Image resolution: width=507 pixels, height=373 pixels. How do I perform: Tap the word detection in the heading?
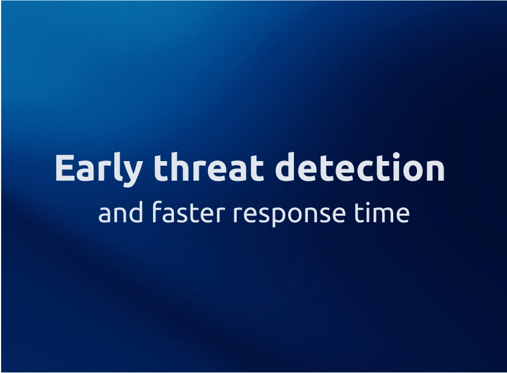click(x=360, y=168)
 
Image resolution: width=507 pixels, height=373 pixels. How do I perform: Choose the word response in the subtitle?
click(x=289, y=214)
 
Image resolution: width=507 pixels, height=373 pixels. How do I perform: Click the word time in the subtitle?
click(x=382, y=212)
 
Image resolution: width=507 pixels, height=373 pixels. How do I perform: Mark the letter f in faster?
click(x=158, y=211)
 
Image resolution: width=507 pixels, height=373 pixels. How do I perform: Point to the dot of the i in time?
click(x=361, y=202)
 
